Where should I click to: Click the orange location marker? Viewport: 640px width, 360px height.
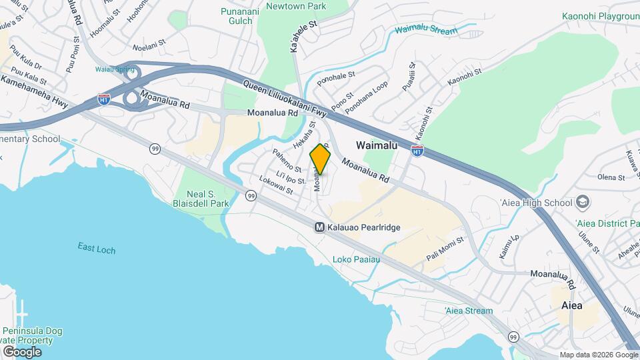click(320, 159)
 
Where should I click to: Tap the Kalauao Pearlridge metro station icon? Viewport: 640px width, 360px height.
click(319, 227)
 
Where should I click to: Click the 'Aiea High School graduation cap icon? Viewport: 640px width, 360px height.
click(583, 202)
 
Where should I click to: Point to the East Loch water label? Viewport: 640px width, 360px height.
click(96, 249)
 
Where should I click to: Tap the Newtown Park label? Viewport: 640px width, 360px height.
click(295, 6)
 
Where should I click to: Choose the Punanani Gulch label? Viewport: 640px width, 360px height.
click(237, 15)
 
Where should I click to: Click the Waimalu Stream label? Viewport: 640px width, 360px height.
click(426, 31)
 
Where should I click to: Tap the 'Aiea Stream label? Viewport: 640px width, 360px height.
click(469, 311)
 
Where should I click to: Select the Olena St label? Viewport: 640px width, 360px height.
click(611, 178)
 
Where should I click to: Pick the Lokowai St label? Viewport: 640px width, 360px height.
click(276, 185)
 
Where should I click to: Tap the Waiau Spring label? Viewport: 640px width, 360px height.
click(110, 69)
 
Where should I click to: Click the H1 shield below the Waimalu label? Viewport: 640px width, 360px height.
click(417, 151)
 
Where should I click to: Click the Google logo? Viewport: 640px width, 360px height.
click(22, 351)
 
